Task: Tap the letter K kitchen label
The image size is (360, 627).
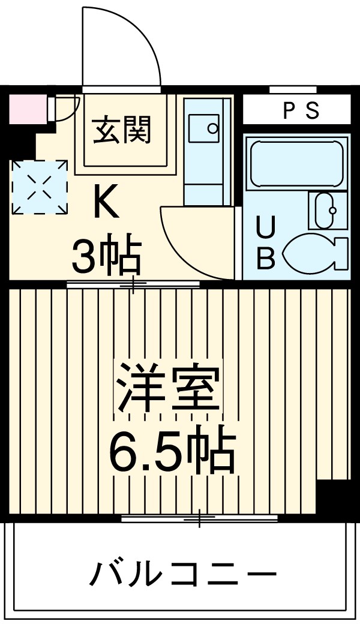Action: (105, 203)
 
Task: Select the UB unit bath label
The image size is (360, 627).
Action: (266, 242)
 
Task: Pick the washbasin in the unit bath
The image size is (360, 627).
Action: (327, 210)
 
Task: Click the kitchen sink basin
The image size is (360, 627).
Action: (206, 128)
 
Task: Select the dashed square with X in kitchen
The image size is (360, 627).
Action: (40, 187)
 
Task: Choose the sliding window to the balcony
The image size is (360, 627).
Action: (199, 518)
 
